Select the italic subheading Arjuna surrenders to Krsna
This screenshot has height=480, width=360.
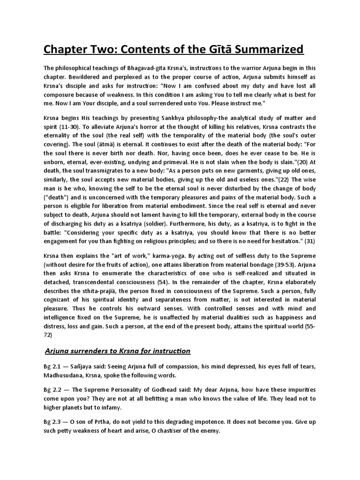(118, 350)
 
